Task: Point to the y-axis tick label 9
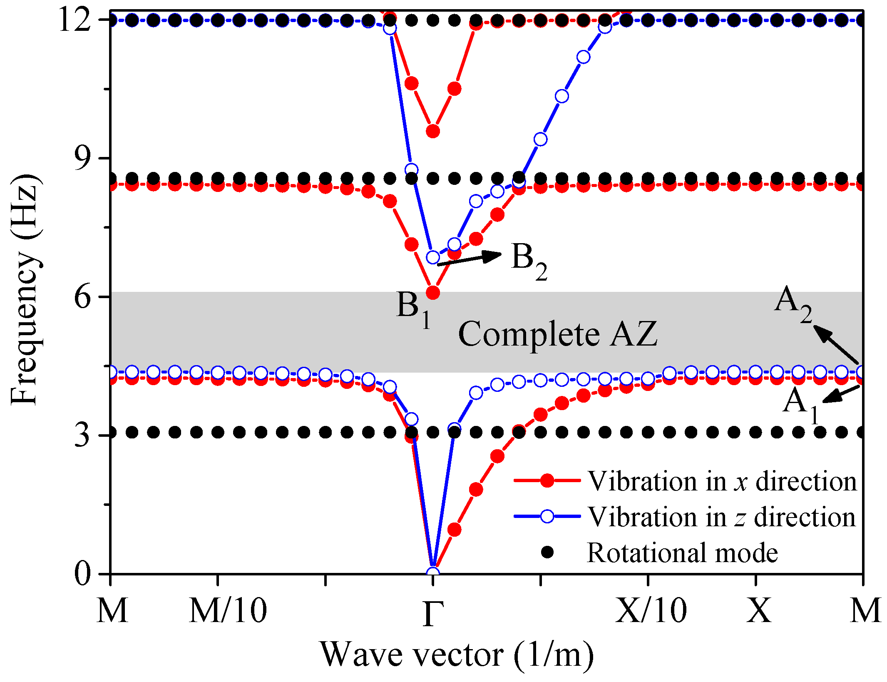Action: coord(83,159)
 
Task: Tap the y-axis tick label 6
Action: coord(83,297)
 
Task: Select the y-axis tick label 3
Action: coord(83,436)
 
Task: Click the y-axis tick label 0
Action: coord(83,574)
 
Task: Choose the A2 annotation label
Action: coord(793,304)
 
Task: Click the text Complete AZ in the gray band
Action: coord(558,334)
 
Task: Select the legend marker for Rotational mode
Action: coord(547,553)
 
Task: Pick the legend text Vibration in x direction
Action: coord(722,481)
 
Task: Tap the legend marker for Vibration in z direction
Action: coord(547,517)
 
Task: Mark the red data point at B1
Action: coord(433,293)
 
